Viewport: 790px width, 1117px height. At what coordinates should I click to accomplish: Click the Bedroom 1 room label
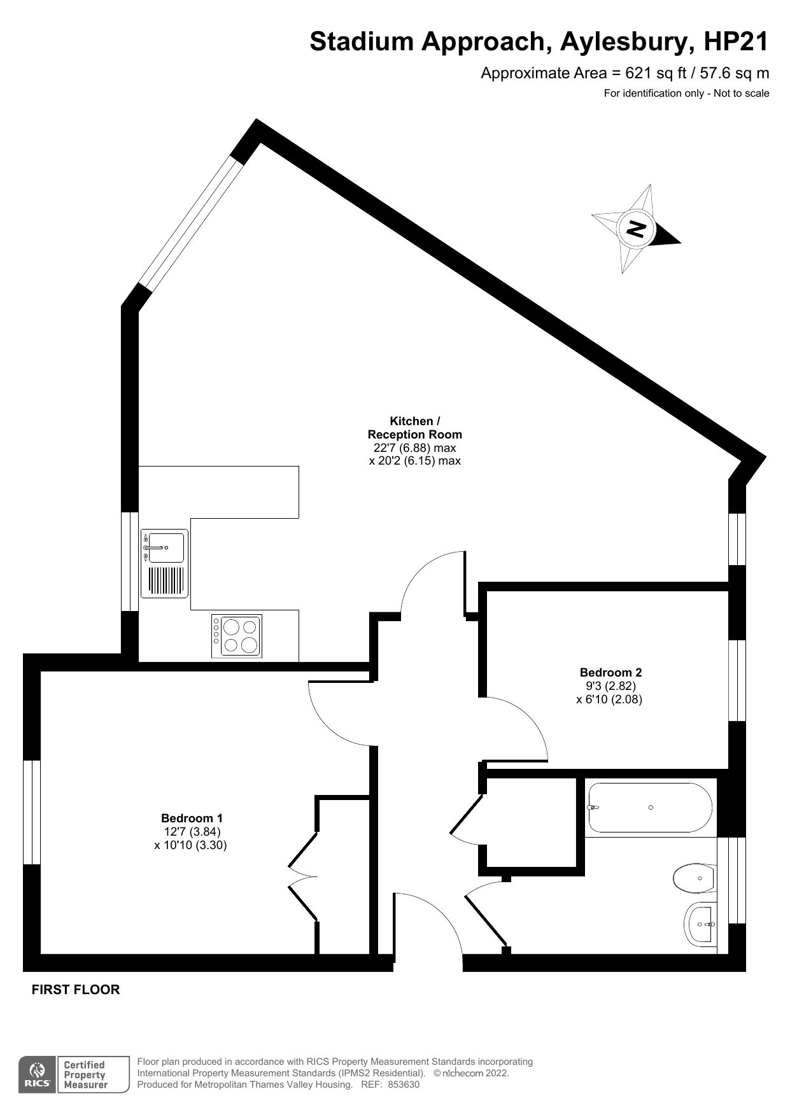[x=192, y=818]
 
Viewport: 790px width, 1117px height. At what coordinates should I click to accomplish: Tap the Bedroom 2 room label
[x=610, y=672]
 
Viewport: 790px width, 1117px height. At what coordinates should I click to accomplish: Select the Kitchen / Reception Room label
[x=414, y=428]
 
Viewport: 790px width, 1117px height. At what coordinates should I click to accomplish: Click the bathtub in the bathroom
[x=649, y=807]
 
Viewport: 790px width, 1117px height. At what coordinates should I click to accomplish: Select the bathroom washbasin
[x=701, y=924]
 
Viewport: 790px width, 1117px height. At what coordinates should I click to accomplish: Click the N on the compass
[x=637, y=228]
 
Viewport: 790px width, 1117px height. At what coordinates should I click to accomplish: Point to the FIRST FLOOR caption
[x=76, y=990]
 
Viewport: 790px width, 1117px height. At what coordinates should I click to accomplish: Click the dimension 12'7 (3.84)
[x=192, y=832]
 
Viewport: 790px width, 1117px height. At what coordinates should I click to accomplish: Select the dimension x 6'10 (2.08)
[x=609, y=699]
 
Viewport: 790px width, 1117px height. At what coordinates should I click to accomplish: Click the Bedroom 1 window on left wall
[x=32, y=812]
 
